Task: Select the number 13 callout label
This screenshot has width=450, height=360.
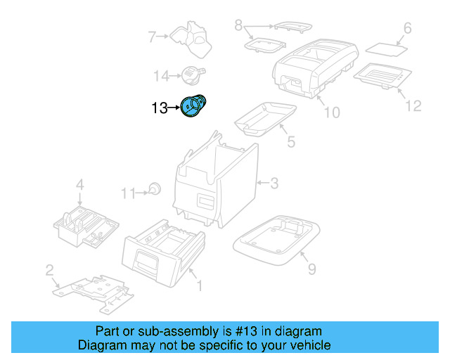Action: (x=160, y=108)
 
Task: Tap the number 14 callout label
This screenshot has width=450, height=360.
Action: (x=162, y=75)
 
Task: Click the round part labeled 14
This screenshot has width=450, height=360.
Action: (x=191, y=72)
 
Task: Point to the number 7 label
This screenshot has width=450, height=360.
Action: (x=151, y=36)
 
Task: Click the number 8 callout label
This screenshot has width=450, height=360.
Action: (x=238, y=26)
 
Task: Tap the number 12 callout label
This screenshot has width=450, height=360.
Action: (x=413, y=105)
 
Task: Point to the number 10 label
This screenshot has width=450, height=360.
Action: (x=331, y=112)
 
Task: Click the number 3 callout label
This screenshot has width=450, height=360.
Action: (x=274, y=184)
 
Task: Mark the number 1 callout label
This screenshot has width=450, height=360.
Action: (x=199, y=285)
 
